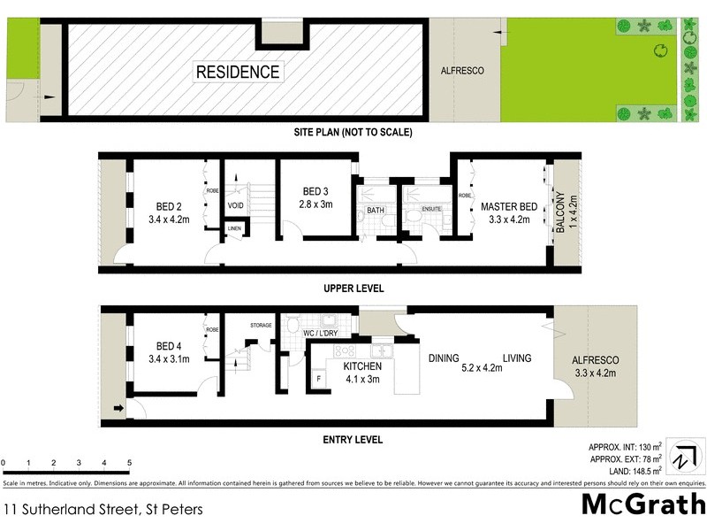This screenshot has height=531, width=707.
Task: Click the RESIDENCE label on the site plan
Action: click(x=238, y=72)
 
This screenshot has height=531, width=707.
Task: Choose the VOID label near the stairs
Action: click(x=235, y=205)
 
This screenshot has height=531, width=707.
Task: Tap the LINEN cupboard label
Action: click(x=234, y=229)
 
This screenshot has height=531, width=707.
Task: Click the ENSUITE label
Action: click(x=430, y=209)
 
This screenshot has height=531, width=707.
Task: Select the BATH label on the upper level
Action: click(x=374, y=212)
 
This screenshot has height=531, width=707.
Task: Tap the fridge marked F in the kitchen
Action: click(x=318, y=378)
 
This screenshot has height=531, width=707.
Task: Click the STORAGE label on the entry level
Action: click(x=262, y=325)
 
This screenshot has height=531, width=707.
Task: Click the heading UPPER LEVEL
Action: click(x=353, y=289)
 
